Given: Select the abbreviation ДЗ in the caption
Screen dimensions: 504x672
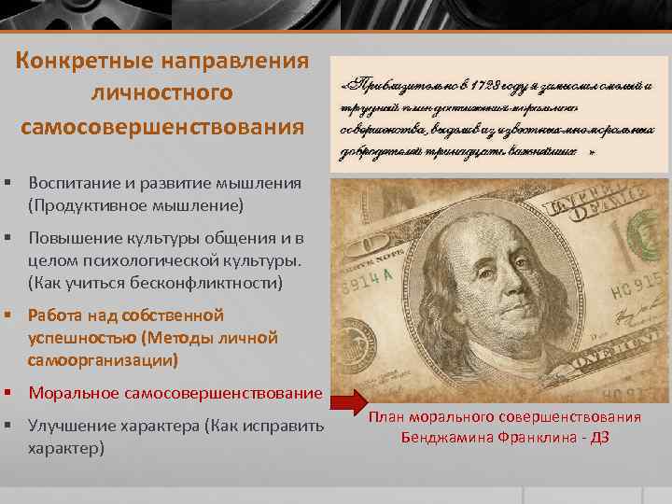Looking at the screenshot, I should [x=599, y=436].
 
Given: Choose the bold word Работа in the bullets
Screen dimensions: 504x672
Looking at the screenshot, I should [x=55, y=315].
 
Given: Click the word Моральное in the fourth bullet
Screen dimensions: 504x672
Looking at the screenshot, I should [x=71, y=392].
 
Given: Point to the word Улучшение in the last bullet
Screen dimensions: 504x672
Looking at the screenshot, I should [x=71, y=426].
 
